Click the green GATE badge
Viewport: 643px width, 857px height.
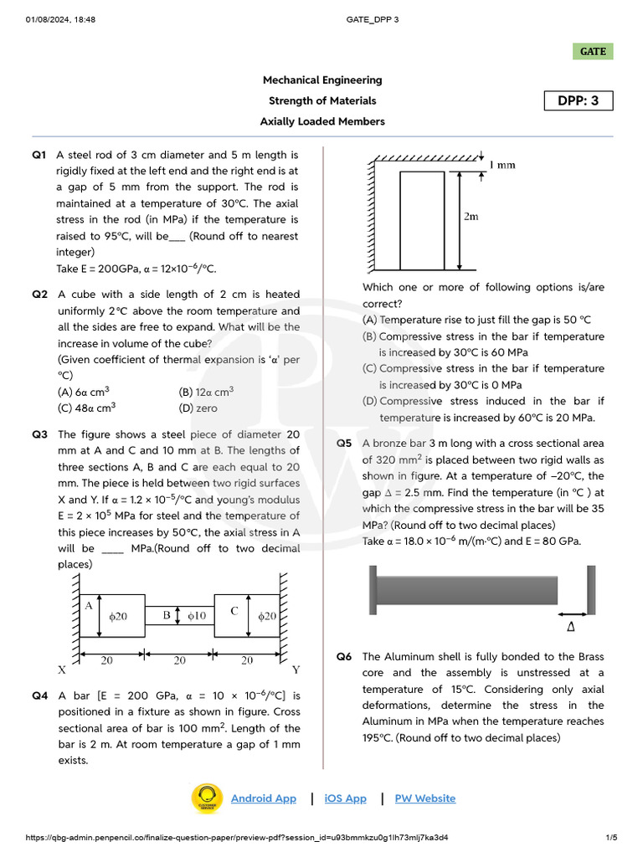point(593,51)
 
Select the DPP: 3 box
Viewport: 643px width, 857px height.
point(579,101)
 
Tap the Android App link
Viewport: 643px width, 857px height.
point(263,798)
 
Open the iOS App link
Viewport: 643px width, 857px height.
point(345,798)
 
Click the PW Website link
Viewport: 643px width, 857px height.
point(425,798)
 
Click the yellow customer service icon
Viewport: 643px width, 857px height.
point(206,798)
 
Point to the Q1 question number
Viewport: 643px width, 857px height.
point(39,155)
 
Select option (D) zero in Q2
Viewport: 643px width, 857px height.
point(198,408)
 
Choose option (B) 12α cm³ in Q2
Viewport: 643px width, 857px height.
point(206,392)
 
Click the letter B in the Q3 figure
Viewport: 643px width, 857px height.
point(167,616)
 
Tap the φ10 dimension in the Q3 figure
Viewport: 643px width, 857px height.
point(196,616)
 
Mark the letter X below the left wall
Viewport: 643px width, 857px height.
point(62,670)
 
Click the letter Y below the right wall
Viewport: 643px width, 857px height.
point(296,670)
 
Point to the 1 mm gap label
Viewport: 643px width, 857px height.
point(502,165)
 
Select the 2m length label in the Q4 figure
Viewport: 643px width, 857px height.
point(471,217)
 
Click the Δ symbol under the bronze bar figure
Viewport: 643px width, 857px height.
point(571,626)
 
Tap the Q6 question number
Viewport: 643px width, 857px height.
point(344,657)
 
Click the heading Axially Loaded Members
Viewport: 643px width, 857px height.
point(322,121)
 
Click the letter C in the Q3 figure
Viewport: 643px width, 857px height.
point(235,611)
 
